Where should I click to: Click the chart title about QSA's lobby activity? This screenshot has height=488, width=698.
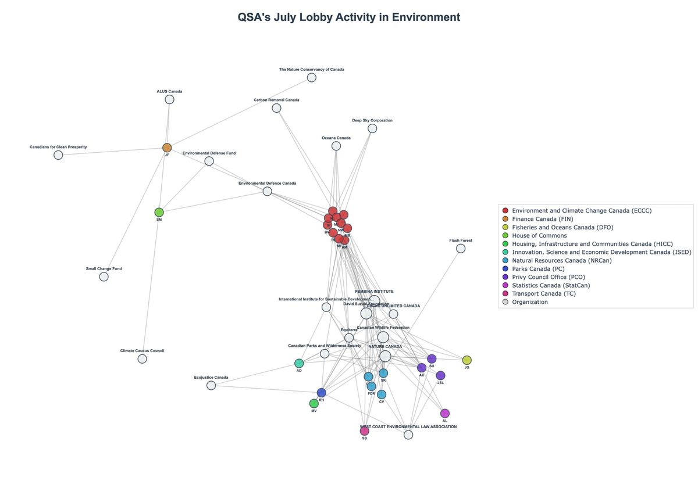348,17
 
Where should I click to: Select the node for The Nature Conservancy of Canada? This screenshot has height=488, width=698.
312,77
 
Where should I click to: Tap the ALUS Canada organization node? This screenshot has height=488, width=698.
169,99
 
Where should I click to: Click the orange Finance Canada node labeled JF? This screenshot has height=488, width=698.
167,148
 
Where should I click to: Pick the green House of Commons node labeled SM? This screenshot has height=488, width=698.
159,212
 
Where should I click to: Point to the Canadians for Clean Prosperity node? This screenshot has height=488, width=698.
58,155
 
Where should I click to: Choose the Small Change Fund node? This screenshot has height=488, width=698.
104,277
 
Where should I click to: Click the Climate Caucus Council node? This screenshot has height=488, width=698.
142,358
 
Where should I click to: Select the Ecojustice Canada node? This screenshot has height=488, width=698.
211,385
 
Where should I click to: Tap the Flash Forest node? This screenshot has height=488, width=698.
461,248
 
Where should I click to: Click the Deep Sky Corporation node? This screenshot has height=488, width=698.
372,128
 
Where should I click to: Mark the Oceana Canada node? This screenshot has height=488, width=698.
336,146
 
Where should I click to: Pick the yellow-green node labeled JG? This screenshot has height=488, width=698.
466,360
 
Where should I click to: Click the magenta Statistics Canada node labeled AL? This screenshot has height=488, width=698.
445,413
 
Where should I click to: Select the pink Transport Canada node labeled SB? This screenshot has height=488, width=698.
365,431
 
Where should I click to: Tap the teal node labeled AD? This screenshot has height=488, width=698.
299,363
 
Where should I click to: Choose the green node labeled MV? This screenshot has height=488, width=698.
314,403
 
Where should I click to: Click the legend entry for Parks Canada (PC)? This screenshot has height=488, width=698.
538,269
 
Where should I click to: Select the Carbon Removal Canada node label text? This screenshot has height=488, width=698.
276,100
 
